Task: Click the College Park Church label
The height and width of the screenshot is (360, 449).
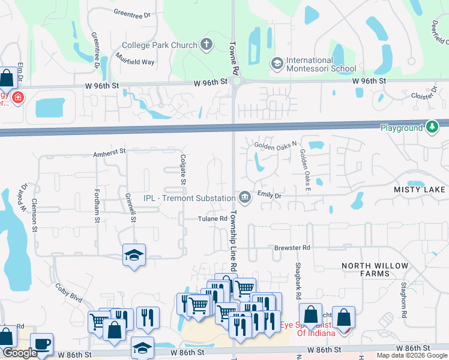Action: tap(159, 45)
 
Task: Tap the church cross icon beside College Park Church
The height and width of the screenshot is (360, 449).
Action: tap(206, 44)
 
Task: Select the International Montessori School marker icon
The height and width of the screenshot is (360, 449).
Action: tap(277, 62)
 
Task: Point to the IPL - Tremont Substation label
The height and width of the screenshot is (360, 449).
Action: tap(188, 198)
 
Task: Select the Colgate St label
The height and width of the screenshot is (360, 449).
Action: tap(183, 169)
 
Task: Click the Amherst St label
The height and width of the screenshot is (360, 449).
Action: tap(109, 154)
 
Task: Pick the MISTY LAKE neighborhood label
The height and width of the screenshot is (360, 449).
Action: tap(420, 190)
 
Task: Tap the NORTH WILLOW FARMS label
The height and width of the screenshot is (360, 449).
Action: tap(375, 269)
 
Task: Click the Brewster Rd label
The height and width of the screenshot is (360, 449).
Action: tap(292, 247)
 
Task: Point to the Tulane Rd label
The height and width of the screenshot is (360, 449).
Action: tap(213, 219)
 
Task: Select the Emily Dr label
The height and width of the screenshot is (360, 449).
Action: tap(269, 195)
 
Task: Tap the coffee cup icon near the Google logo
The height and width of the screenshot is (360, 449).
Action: tap(41, 344)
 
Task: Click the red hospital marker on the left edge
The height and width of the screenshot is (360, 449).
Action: tap(16, 97)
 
